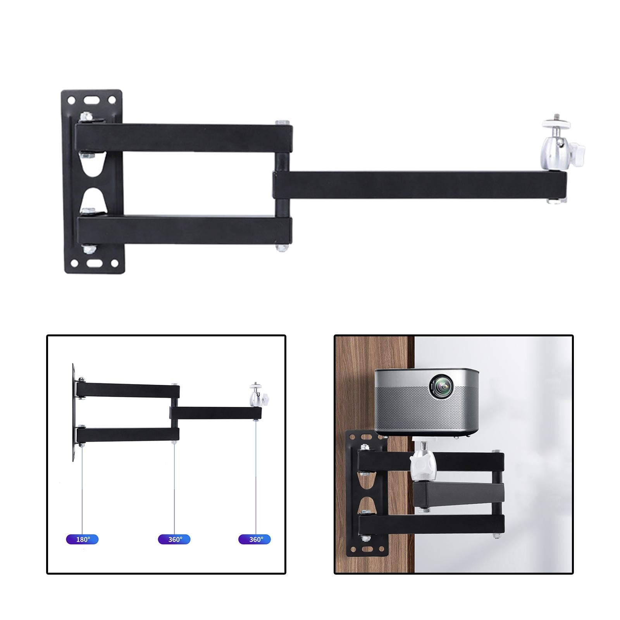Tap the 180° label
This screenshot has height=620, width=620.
82,539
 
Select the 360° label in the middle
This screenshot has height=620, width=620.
174,539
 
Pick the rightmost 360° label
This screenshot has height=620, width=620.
255,539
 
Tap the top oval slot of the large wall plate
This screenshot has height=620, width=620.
92,99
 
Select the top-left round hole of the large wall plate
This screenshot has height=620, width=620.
71,100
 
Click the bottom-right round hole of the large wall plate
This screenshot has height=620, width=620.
115,263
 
